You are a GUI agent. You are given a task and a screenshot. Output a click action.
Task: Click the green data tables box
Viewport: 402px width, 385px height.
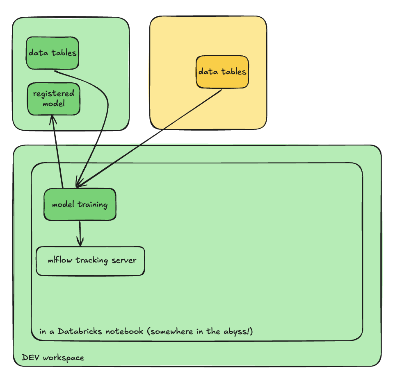coord(53,53)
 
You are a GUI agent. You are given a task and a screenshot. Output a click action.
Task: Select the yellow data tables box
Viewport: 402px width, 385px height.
coord(222,72)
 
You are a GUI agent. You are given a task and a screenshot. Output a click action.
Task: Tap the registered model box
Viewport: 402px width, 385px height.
coord(53,98)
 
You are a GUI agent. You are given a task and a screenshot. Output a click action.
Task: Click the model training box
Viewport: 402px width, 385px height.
coord(80,204)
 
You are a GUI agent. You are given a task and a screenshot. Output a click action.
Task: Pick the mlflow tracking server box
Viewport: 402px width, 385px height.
coord(90,260)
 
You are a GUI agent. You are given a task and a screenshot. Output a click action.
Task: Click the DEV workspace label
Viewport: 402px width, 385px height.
coord(53,358)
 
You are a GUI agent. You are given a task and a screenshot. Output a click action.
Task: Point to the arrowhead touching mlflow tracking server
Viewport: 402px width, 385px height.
coord(80,243)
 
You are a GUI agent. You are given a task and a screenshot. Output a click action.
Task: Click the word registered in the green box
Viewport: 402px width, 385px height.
coord(53,94)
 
